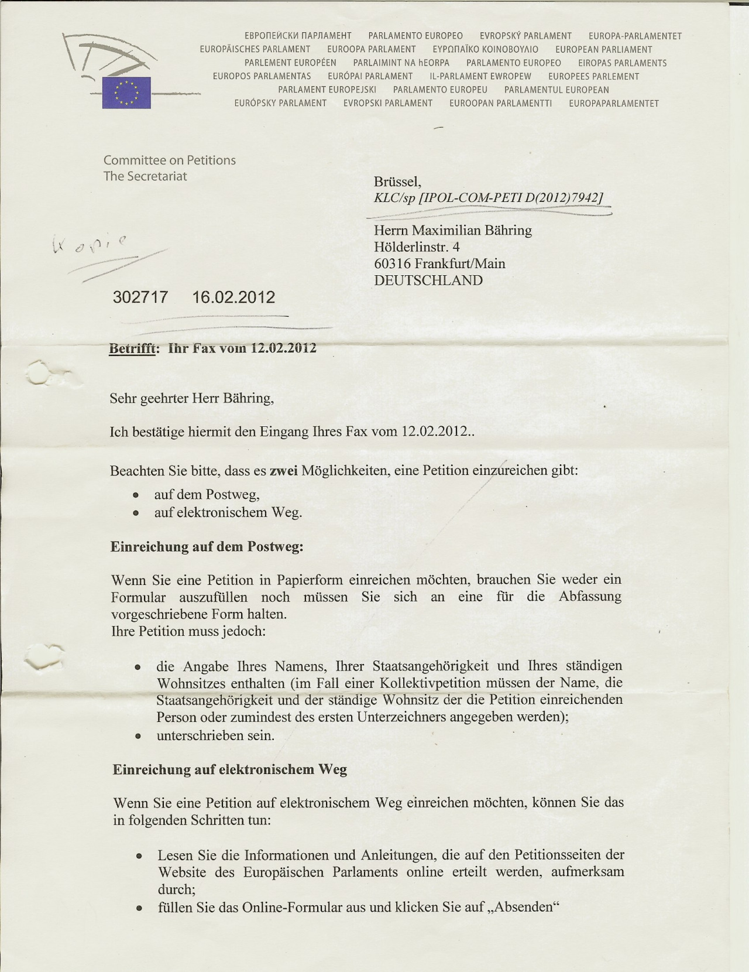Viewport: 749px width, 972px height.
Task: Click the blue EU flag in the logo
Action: point(126,93)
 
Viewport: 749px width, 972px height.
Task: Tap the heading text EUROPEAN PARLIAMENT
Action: point(603,50)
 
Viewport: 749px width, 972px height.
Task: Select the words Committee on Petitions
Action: point(170,160)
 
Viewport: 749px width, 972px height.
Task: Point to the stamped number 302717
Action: point(140,297)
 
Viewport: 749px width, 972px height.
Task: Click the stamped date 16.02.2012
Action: point(233,297)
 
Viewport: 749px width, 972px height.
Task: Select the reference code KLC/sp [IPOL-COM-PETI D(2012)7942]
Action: point(489,198)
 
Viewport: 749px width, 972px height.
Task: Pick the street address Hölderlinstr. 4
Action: point(417,247)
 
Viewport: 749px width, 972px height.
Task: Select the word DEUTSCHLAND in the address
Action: point(428,280)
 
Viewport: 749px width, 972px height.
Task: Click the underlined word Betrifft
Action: point(133,349)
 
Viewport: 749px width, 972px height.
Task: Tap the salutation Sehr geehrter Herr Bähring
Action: point(191,399)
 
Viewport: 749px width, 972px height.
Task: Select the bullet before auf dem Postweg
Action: point(136,495)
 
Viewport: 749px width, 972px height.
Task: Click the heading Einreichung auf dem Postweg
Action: point(207,547)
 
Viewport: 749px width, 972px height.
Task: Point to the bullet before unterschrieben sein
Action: point(138,736)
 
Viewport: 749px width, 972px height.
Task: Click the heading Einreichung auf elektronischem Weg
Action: point(230,769)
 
